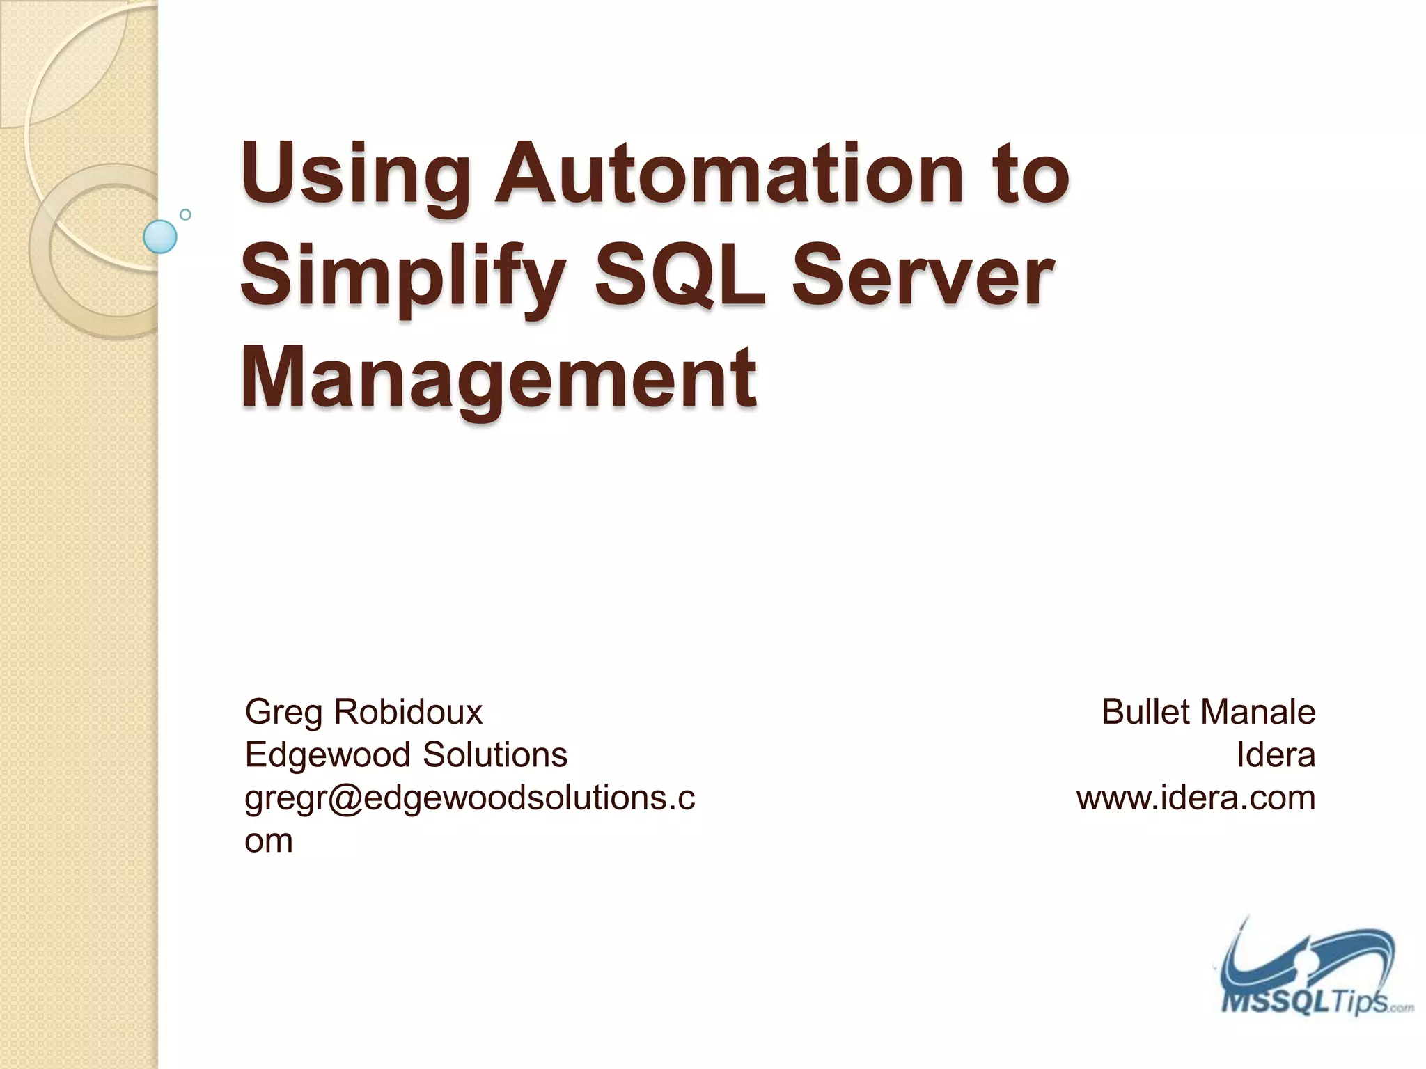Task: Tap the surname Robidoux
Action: [408, 712]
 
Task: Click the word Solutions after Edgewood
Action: [495, 754]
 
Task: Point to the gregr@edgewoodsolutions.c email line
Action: [469, 798]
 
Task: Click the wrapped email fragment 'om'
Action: [268, 841]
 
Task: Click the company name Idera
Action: [1276, 755]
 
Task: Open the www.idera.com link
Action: [1196, 798]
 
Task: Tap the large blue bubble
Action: [160, 237]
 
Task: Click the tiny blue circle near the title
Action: [185, 214]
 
